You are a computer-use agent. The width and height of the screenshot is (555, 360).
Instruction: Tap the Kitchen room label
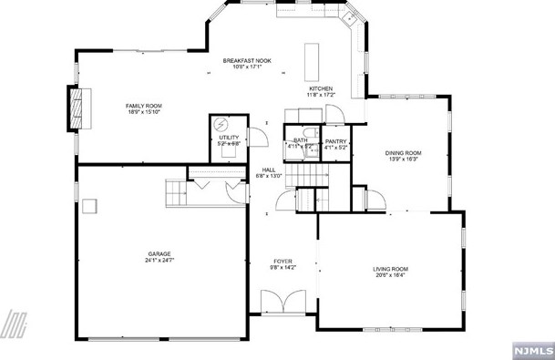coord(321,88)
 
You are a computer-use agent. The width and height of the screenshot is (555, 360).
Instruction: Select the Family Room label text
coord(143,107)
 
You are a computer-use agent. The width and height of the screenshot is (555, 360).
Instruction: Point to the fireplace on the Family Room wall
coord(77,110)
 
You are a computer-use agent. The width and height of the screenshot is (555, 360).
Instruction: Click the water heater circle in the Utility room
coord(221,126)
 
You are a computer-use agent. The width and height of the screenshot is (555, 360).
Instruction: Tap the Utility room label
coord(229,138)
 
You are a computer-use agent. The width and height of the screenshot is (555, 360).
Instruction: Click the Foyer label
coord(282,262)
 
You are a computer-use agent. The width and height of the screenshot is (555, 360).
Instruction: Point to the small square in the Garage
coord(88,206)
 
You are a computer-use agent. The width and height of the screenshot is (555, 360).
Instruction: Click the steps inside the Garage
coord(175,192)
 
